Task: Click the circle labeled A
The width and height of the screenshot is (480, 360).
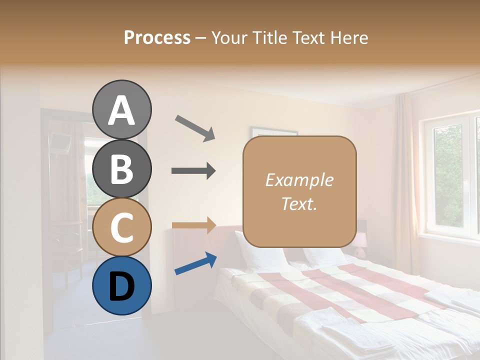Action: click(121, 109)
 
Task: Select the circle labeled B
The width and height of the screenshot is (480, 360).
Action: click(121, 168)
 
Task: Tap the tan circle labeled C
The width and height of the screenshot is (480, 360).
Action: click(121, 227)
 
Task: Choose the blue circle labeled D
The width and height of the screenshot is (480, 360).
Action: click(121, 285)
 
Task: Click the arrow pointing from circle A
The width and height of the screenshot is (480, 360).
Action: click(195, 127)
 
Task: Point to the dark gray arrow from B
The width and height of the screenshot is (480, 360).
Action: click(193, 171)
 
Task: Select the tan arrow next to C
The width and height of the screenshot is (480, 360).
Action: click(193, 225)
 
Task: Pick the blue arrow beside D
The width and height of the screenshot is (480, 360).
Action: click(195, 263)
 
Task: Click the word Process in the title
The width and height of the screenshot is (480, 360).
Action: click(157, 37)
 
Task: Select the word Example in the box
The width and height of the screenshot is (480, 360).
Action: click(299, 180)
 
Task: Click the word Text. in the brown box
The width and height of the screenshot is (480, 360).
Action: click(299, 203)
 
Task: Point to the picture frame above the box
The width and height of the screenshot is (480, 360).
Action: click(274, 131)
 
